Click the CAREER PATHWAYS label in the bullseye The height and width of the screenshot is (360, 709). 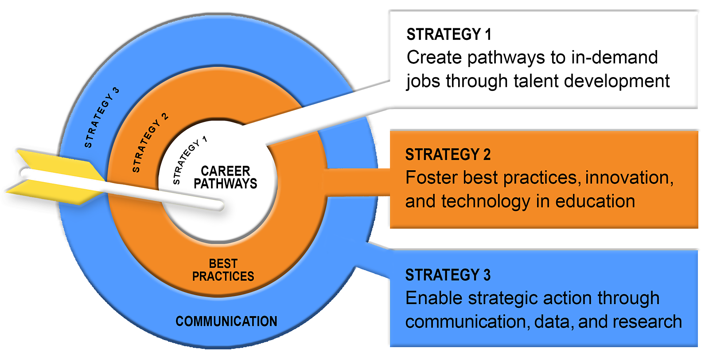pyautogui.click(x=226, y=177)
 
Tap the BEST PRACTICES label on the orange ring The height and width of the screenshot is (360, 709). pyautogui.click(x=223, y=270)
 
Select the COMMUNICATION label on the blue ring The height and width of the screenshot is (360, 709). pyautogui.click(x=226, y=321)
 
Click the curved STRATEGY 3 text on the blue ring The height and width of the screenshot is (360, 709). pyautogui.click(x=101, y=117)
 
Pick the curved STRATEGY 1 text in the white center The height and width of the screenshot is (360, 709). pyautogui.click(x=189, y=160)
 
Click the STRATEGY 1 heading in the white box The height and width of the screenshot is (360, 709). pyautogui.click(x=449, y=34)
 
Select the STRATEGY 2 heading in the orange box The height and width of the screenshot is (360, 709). pyautogui.click(x=448, y=155)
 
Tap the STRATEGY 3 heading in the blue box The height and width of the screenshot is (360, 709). pyautogui.click(x=448, y=275)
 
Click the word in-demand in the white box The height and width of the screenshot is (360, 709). pyautogui.click(x=615, y=57)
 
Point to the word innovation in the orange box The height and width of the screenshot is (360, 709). pyautogui.click(x=629, y=178)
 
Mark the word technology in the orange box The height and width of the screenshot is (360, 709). pyautogui.click(x=486, y=202)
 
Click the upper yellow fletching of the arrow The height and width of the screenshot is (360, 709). pyautogui.click(x=60, y=164)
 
